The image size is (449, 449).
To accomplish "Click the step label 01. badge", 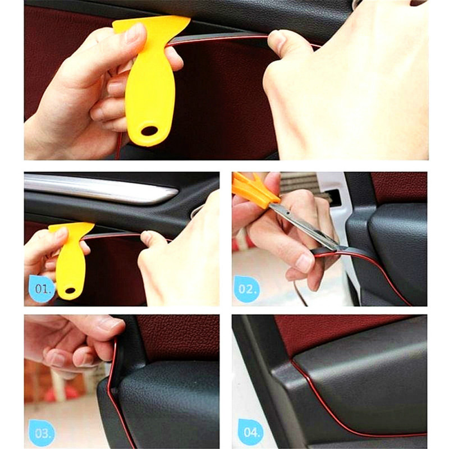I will [x=42, y=290].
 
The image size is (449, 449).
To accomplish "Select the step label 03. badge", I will [x=42, y=432].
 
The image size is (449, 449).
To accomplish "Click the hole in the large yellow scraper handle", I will [x=149, y=130].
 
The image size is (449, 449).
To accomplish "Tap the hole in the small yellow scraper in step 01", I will [x=70, y=290].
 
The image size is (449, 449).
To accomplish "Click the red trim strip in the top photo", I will [x=224, y=38].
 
